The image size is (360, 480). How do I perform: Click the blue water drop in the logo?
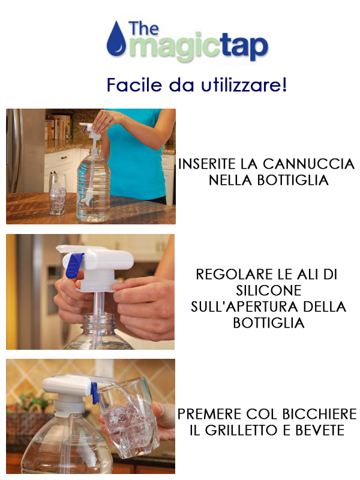coord(116,39)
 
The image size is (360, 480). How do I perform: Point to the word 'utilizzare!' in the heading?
coord(244,85)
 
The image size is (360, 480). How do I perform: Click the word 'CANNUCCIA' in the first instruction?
coord(308,164)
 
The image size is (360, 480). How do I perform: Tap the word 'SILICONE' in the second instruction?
coord(268,290)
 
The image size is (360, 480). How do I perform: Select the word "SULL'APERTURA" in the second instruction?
coord(247,307)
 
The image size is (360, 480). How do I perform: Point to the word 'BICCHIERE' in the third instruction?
coord(319,414)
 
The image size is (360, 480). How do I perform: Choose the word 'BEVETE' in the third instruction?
coord(320,430)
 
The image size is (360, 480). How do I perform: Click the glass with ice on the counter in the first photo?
coord(57,194)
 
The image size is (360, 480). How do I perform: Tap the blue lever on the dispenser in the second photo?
coord(74,265)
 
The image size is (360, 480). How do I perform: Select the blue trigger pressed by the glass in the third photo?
coord(95,393)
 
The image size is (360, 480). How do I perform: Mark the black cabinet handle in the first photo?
coord(64,158)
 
